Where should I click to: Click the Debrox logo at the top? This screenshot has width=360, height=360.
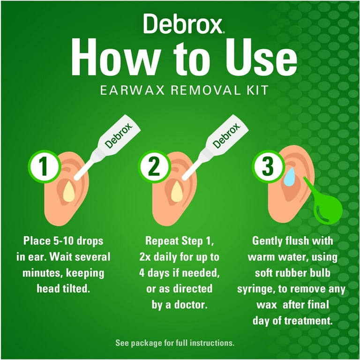183,23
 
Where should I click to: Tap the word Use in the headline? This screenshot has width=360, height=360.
261,57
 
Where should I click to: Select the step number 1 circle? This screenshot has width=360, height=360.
45,166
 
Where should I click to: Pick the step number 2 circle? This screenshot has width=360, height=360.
154,166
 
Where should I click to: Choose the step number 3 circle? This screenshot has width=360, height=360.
268,166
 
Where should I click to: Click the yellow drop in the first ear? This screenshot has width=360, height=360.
69,192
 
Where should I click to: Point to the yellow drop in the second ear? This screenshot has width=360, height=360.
177,192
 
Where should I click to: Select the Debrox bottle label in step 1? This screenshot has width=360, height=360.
119,135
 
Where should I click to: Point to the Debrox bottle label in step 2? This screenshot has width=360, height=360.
226,135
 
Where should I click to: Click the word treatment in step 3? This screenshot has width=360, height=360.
308,321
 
